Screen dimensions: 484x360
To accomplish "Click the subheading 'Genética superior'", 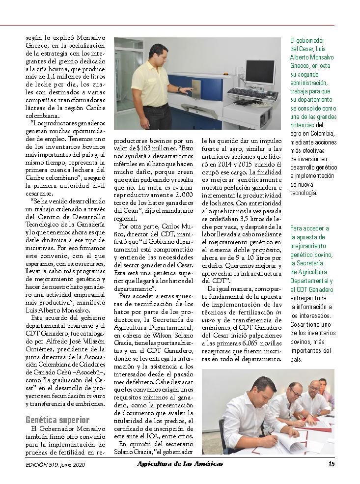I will (57, 420).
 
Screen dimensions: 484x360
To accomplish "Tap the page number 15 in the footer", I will (332, 463).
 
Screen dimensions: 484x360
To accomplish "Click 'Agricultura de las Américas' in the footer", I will (179, 463).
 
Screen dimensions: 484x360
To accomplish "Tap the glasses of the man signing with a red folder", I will (294, 394).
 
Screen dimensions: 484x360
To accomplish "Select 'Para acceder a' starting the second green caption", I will (309, 228).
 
